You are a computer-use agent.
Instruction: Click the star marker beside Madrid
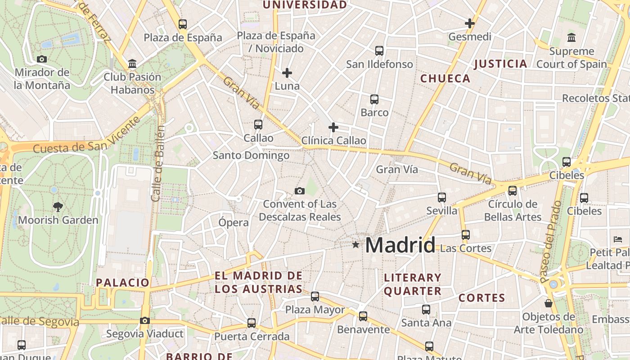pos(355,245)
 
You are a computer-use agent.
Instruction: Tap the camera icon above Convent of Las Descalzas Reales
pos(300,191)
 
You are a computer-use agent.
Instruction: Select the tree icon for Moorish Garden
pos(58,207)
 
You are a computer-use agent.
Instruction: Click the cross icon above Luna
pos(287,72)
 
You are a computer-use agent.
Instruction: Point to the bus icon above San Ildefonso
pos(379,51)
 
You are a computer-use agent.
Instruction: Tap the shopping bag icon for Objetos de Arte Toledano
pos(548,303)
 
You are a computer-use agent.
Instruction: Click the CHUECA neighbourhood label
pos(445,79)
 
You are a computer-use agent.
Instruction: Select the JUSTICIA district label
pos(500,64)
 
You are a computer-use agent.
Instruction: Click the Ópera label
pos(234,222)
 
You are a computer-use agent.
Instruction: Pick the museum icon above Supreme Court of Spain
pos(571,37)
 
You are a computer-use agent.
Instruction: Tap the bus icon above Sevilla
pos(442,198)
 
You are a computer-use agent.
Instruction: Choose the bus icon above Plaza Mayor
pos(315,297)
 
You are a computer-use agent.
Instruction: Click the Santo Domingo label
pos(251,156)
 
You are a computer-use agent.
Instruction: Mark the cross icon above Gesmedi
pos(470,23)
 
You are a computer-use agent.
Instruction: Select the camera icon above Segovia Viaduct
pos(144,321)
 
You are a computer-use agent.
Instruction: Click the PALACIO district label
pos(122,283)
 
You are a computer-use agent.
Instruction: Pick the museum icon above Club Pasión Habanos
pos(132,64)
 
